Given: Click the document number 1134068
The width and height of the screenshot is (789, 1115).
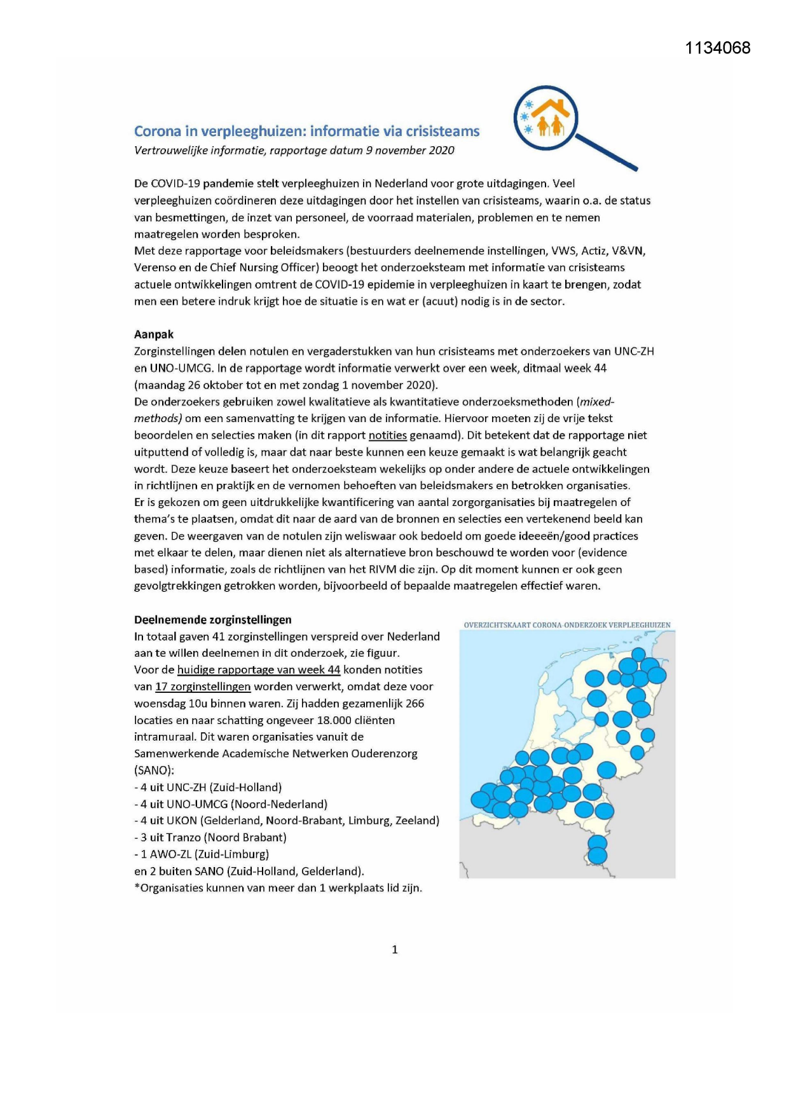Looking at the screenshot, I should pyautogui.click(x=718, y=48).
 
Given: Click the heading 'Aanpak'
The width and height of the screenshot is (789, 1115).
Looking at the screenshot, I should pyautogui.click(x=154, y=334).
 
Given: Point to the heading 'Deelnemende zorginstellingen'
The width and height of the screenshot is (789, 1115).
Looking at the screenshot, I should pyautogui.click(x=213, y=620).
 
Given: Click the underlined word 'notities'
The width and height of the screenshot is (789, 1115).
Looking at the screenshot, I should pyautogui.click(x=387, y=435).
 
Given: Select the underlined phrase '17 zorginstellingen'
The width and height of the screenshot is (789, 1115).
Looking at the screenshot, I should pyautogui.click(x=203, y=687).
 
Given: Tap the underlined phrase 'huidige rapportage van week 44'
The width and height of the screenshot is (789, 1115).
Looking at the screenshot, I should pyautogui.click(x=259, y=670).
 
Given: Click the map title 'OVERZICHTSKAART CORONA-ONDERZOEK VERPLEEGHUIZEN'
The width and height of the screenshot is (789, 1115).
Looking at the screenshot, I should pyautogui.click(x=567, y=625).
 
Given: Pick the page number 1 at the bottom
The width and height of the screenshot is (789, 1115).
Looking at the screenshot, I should pyautogui.click(x=395, y=950).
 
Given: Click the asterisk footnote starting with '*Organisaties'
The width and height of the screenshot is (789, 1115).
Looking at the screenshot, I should pyautogui.click(x=278, y=888).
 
